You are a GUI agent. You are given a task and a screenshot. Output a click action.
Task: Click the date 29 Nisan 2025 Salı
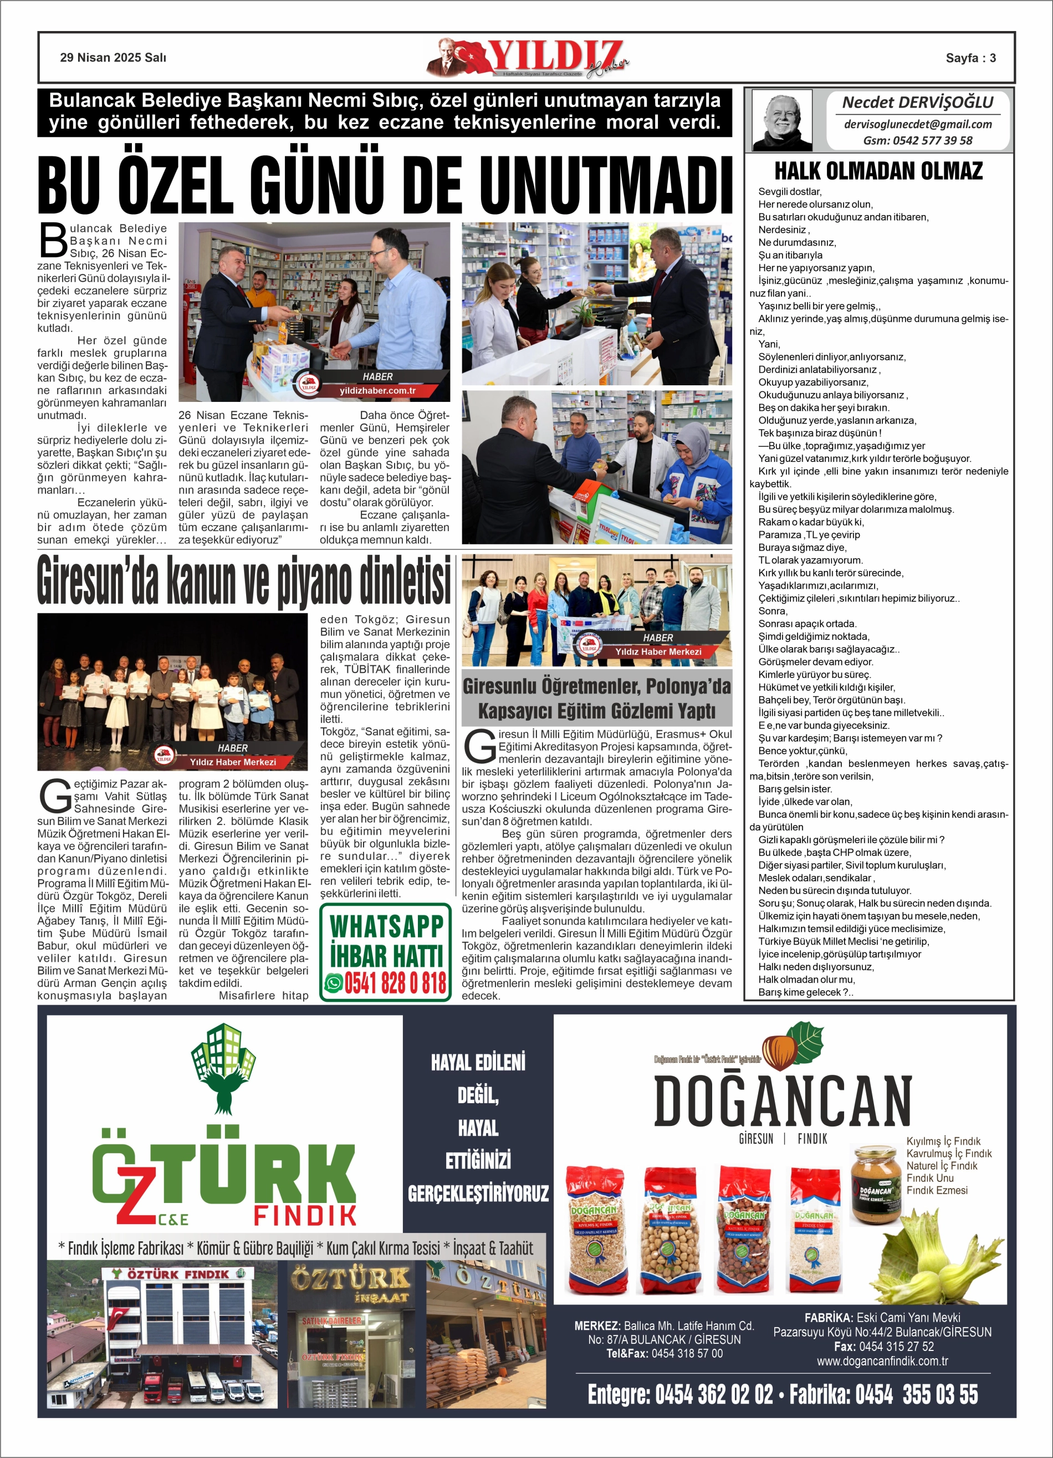click(113, 58)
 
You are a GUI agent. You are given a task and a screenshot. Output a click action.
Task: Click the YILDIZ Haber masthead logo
click(528, 58)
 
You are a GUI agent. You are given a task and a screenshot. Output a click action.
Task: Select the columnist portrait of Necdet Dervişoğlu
click(782, 120)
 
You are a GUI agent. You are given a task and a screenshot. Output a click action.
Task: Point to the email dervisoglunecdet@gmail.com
click(917, 124)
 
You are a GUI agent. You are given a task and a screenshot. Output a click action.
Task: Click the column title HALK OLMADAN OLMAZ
click(878, 171)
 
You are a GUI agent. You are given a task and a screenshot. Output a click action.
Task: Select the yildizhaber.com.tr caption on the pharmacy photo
click(377, 391)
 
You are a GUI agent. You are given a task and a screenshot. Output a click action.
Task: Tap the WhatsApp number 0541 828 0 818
click(395, 983)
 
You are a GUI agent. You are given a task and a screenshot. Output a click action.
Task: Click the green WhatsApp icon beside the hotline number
click(334, 983)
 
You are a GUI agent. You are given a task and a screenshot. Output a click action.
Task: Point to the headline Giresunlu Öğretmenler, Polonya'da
click(596, 686)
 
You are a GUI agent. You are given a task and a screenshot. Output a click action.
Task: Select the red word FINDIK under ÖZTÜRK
click(305, 1216)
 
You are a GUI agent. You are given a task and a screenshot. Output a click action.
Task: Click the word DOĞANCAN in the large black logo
click(783, 1102)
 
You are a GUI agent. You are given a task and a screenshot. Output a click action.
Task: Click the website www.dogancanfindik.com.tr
click(882, 1361)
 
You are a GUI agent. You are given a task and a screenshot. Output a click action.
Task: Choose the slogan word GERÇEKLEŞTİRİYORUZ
click(478, 1194)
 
